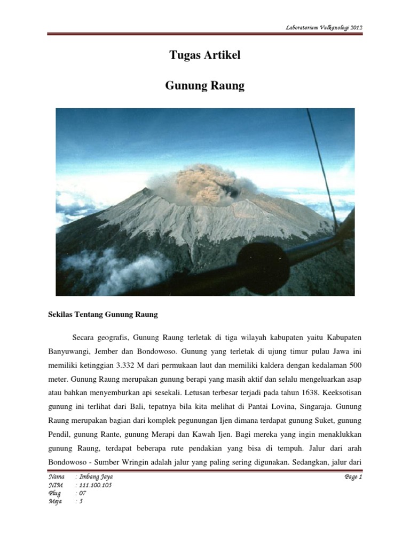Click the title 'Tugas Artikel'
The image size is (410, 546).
(x=205, y=56)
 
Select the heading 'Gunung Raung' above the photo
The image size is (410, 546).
(x=205, y=86)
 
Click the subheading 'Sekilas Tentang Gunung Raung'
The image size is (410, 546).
(x=102, y=315)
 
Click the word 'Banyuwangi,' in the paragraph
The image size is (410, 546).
(x=66, y=352)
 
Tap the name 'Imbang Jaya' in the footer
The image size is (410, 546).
(x=97, y=477)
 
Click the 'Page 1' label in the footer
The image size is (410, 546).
(x=353, y=477)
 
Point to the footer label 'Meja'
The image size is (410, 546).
(x=55, y=502)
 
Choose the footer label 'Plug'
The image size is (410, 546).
(x=54, y=493)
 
